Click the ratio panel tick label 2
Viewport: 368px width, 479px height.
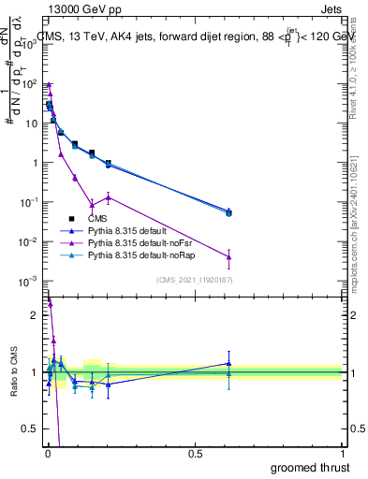coord(36,315)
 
